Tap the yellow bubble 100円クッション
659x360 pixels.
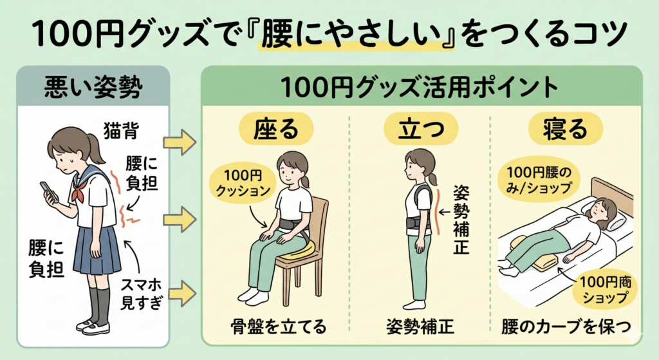(243, 183)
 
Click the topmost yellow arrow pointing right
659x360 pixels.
(180, 141)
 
